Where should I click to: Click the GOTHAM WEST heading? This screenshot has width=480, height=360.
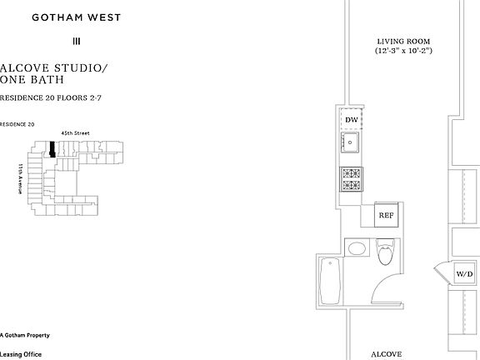(x=77, y=17)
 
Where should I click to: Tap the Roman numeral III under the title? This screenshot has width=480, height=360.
(x=77, y=41)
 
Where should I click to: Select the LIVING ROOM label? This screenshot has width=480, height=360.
(x=403, y=42)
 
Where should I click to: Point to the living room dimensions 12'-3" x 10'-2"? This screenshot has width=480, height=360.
(x=403, y=51)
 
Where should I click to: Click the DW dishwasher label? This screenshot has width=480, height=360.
(x=352, y=120)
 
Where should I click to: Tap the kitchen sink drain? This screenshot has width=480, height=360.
(x=350, y=142)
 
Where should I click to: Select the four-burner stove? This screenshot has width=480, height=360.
(x=352, y=179)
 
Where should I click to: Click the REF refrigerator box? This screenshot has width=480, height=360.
(x=387, y=215)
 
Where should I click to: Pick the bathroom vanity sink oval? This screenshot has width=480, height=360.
(x=357, y=248)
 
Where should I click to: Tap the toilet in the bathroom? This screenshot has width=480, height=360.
(x=386, y=252)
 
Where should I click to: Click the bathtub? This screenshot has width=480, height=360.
(x=330, y=281)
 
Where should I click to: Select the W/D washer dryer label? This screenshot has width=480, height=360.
(x=464, y=274)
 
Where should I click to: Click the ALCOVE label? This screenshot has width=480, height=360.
(x=387, y=354)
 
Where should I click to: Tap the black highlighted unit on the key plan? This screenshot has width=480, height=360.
(x=52, y=149)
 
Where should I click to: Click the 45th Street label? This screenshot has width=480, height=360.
(x=75, y=133)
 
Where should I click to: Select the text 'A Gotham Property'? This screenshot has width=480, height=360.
(x=25, y=335)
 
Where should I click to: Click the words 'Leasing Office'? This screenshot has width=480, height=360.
(x=21, y=354)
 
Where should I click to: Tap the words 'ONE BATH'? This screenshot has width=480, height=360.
(x=32, y=80)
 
